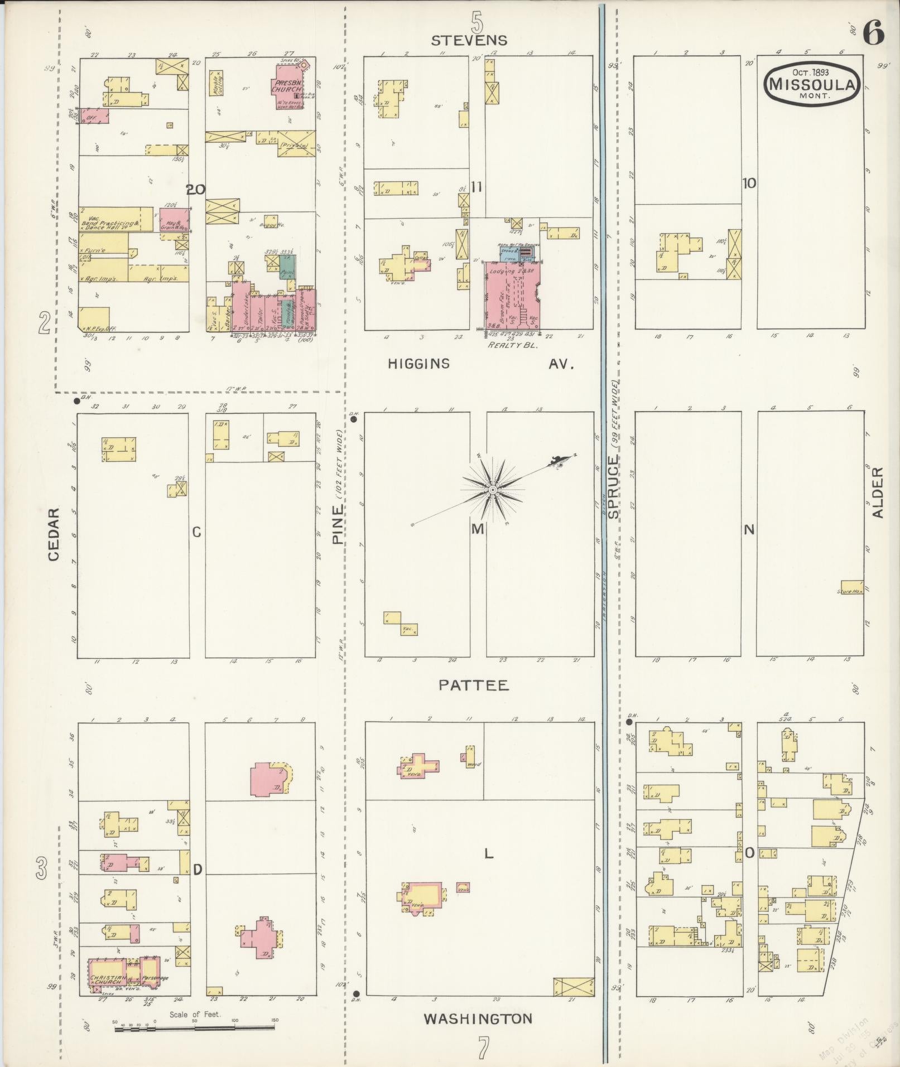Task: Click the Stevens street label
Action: pyautogui.click(x=469, y=40)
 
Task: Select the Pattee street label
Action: pyautogui.click(x=474, y=685)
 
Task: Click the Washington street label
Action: pyautogui.click(x=478, y=1019)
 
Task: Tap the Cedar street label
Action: pyautogui.click(x=54, y=534)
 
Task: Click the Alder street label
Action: pyautogui.click(x=878, y=493)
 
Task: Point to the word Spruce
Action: pyautogui.click(x=613, y=487)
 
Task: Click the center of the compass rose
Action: pyautogui.click(x=493, y=490)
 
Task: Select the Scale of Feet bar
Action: pyautogui.click(x=195, y=1028)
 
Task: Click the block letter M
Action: pyautogui.click(x=477, y=529)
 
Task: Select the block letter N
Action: pyautogui.click(x=749, y=529)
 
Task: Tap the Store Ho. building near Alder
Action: pyautogui.click(x=851, y=587)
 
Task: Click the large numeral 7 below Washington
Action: pyautogui.click(x=482, y=1048)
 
